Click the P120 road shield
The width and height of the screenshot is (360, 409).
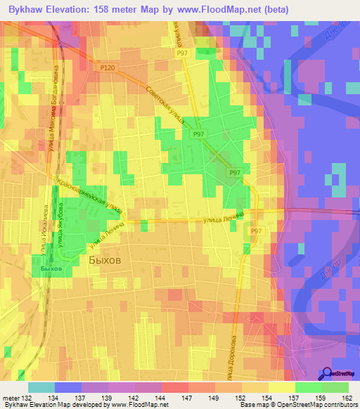[x=107, y=67]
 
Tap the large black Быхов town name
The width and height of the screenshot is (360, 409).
[x=105, y=259]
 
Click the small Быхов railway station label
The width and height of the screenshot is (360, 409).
[x=51, y=268]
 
